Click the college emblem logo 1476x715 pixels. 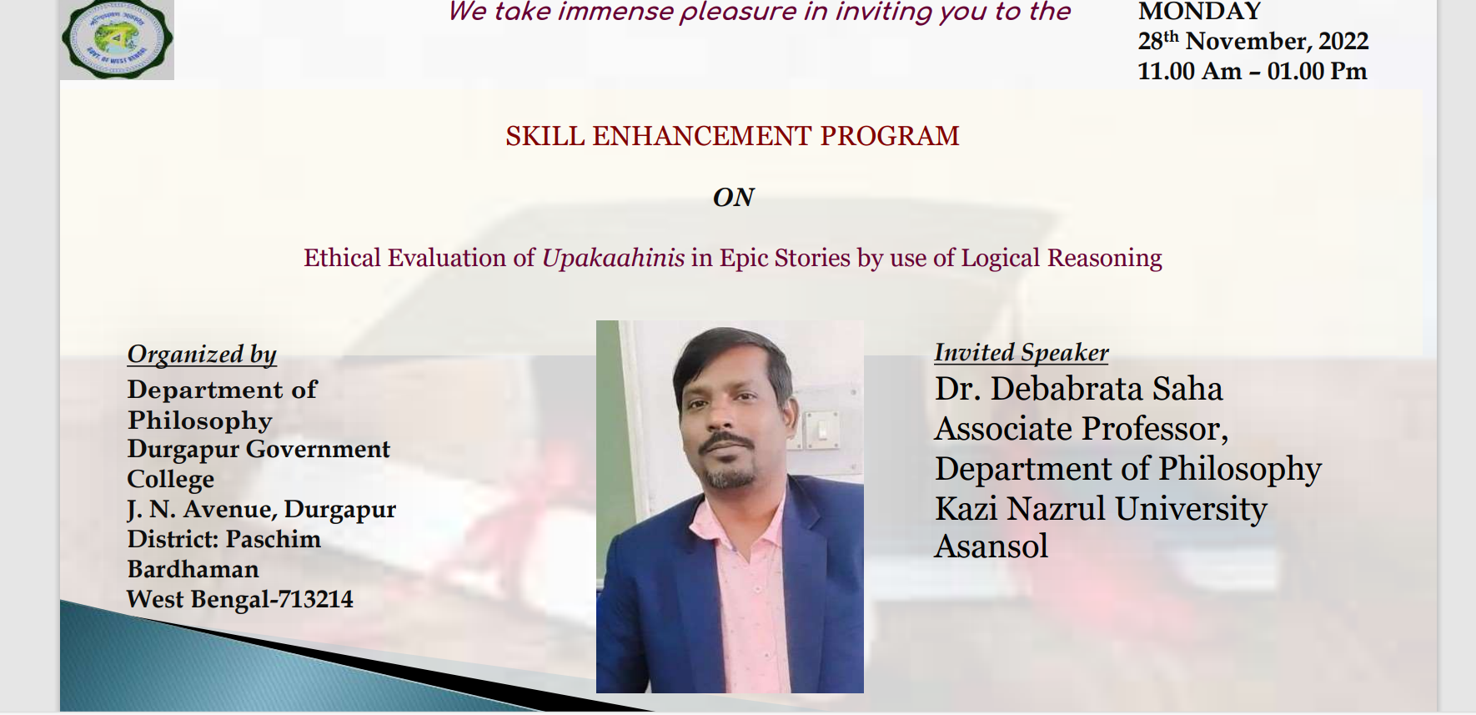click(x=117, y=39)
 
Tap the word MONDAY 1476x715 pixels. click(x=1200, y=11)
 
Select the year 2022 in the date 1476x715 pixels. click(x=1343, y=42)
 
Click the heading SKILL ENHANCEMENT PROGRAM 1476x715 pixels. click(x=732, y=136)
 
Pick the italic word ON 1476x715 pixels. click(x=734, y=198)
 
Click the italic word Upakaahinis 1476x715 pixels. click(x=614, y=259)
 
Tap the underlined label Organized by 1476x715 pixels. click(x=202, y=355)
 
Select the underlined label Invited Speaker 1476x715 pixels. click(x=1022, y=353)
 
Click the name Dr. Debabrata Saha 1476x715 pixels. click(x=1079, y=390)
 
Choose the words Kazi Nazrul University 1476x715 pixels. click(x=1101, y=508)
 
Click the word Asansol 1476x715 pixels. click(x=991, y=546)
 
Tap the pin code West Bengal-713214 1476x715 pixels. click(x=240, y=599)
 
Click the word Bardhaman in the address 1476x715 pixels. click(x=193, y=569)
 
